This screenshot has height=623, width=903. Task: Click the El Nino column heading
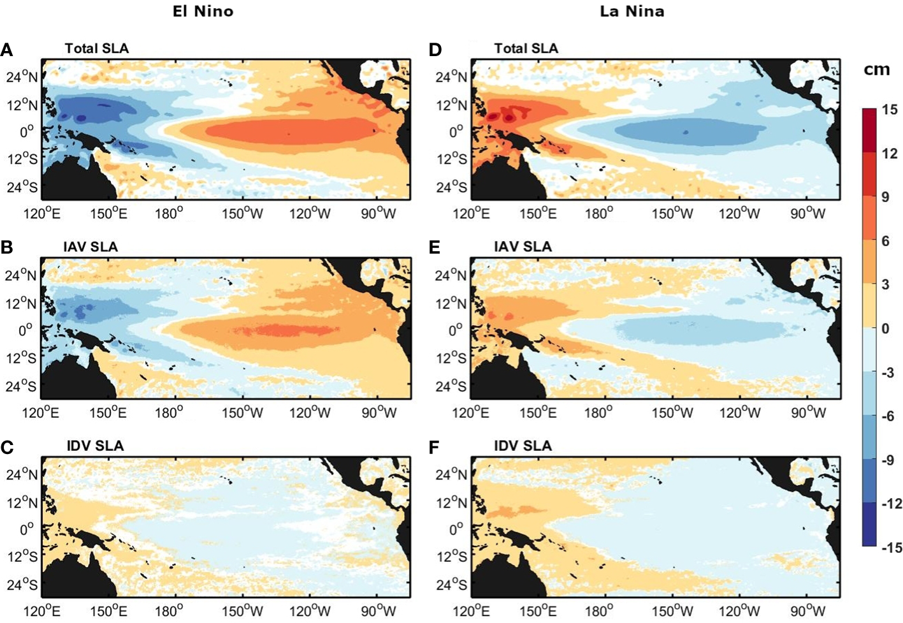tap(203, 11)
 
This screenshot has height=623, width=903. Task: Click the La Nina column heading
tap(632, 11)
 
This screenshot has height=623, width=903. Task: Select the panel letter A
tap(7, 50)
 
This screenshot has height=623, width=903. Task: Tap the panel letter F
tap(435, 447)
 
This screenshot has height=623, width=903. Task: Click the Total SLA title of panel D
tap(526, 48)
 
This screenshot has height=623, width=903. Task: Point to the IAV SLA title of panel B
tap(90, 247)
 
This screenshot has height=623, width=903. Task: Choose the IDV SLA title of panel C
tap(95, 446)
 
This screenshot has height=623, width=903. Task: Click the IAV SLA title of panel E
tap(523, 247)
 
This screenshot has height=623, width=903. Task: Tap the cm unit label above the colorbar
tap(876, 70)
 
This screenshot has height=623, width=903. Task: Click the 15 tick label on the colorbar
tap(889, 110)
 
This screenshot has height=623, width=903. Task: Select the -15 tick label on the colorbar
tap(891, 547)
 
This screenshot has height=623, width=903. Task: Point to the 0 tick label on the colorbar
tap(885, 328)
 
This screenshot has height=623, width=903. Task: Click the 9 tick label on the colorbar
tap(885, 197)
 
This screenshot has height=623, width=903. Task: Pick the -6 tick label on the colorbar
tap(888, 416)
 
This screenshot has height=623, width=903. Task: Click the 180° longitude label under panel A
tap(169, 214)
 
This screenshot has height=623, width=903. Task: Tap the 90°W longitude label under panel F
tap(808, 611)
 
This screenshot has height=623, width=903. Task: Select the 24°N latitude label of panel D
tap(451, 77)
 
